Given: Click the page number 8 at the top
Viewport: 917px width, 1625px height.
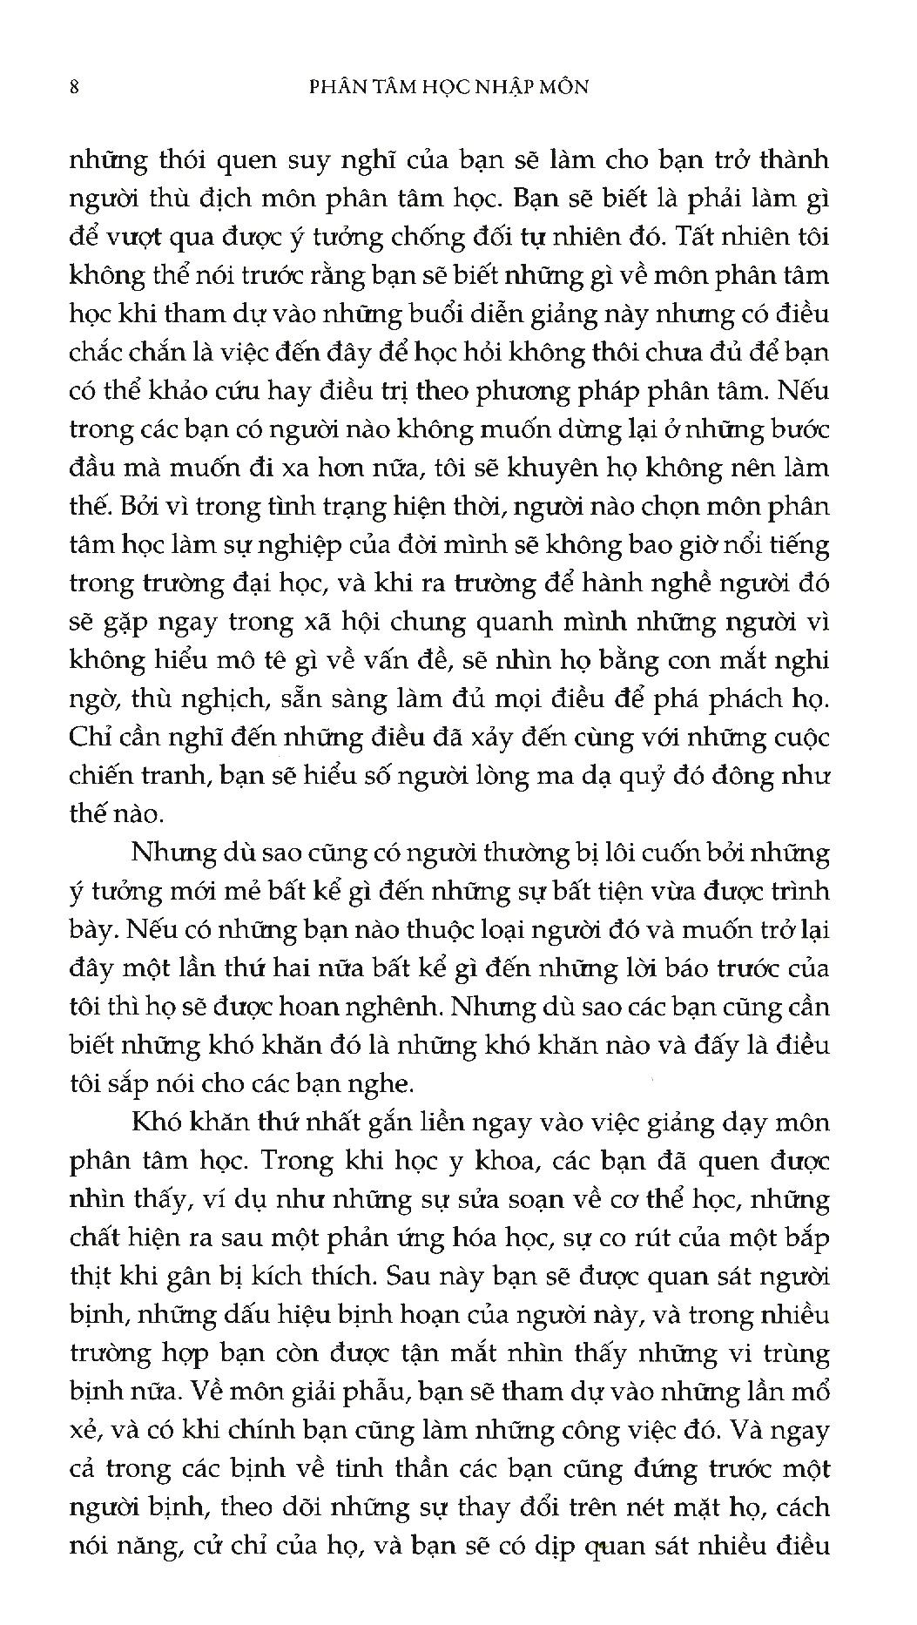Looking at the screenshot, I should (x=74, y=87).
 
